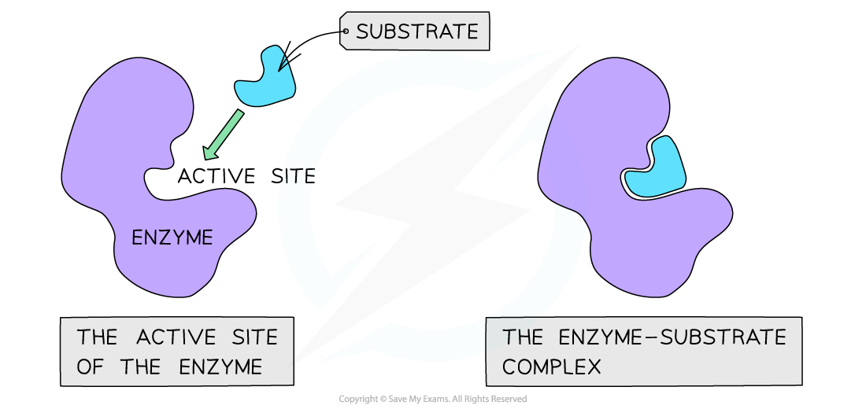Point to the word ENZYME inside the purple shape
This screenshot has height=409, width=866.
coord(172,237)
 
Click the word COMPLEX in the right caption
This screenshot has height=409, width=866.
coord(552,367)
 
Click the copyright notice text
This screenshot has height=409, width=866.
coord(433,400)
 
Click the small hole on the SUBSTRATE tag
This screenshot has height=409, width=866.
coord(346,32)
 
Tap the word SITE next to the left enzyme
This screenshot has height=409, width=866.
coord(291,176)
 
